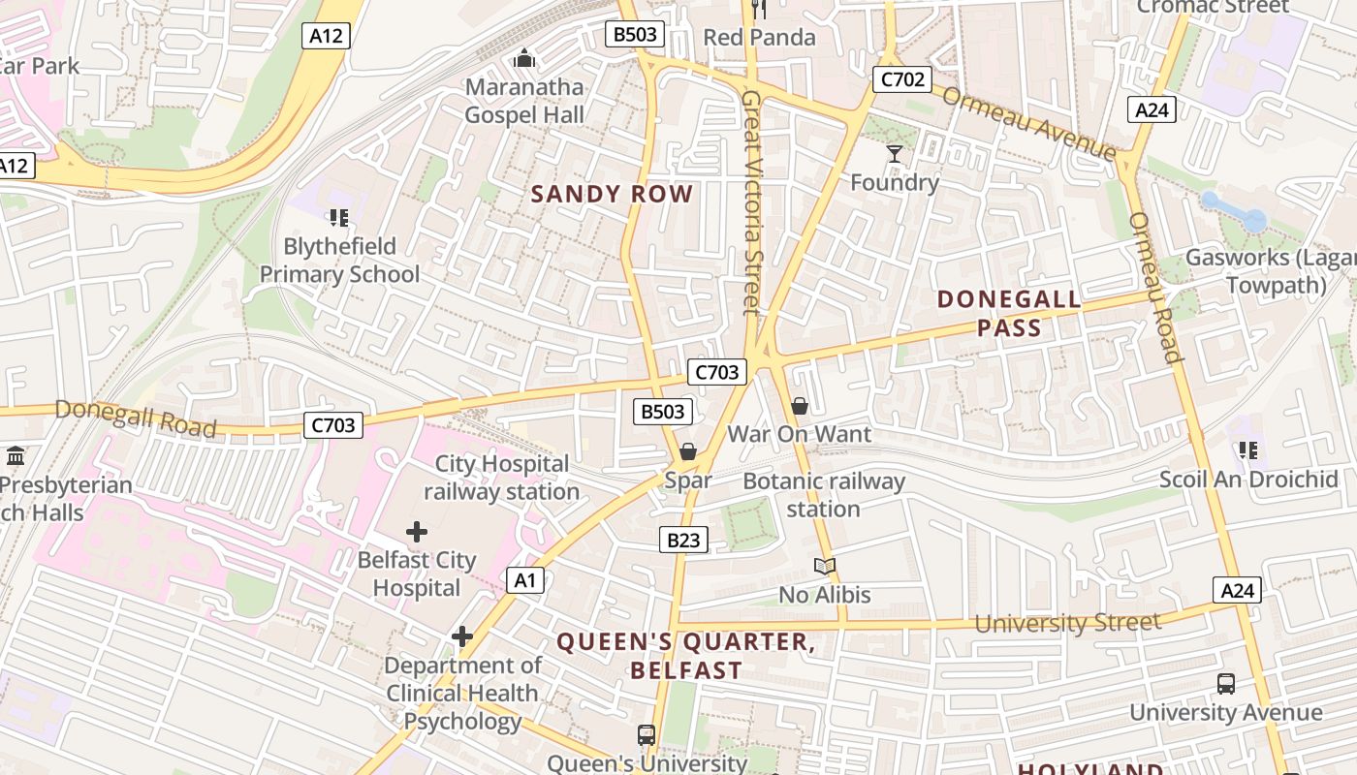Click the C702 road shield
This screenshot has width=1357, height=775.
click(902, 79)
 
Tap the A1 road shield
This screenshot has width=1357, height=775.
click(524, 580)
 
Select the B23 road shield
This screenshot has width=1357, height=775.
click(683, 540)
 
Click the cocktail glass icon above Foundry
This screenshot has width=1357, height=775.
click(894, 154)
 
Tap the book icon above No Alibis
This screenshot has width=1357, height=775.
click(824, 567)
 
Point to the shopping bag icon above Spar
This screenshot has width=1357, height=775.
click(688, 451)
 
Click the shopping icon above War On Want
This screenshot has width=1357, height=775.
click(800, 406)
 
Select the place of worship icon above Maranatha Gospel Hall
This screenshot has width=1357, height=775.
click(524, 59)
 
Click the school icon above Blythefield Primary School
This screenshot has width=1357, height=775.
click(338, 217)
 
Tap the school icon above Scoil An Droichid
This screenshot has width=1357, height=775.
click(1248, 449)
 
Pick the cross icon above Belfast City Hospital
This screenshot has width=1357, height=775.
click(417, 532)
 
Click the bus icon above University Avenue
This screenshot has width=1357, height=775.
click(1226, 684)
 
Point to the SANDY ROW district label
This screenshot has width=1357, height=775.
click(612, 194)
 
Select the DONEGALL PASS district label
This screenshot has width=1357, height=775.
click(1009, 313)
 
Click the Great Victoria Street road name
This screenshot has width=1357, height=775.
click(751, 202)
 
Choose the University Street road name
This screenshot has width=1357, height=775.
click(1067, 623)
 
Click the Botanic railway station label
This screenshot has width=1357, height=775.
click(823, 494)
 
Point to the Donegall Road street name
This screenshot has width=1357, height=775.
click(135, 418)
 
